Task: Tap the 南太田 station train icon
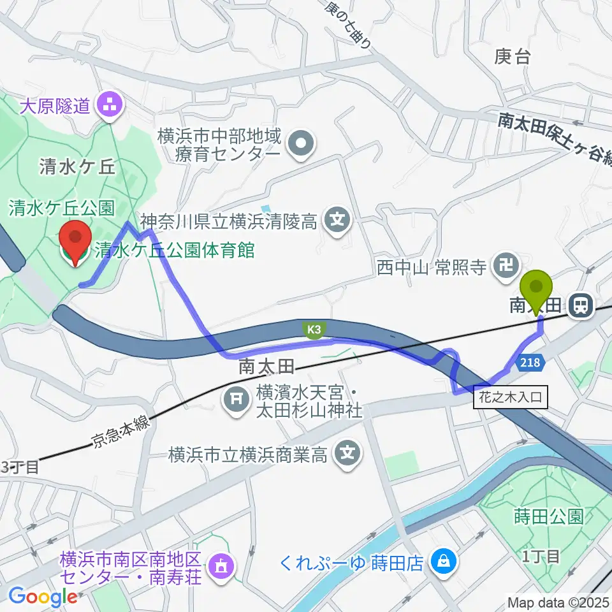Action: (x=580, y=307)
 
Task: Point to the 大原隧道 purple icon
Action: (x=108, y=105)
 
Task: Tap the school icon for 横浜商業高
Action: (x=347, y=455)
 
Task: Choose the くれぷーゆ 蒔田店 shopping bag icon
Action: (x=441, y=561)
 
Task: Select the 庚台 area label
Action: (x=512, y=57)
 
